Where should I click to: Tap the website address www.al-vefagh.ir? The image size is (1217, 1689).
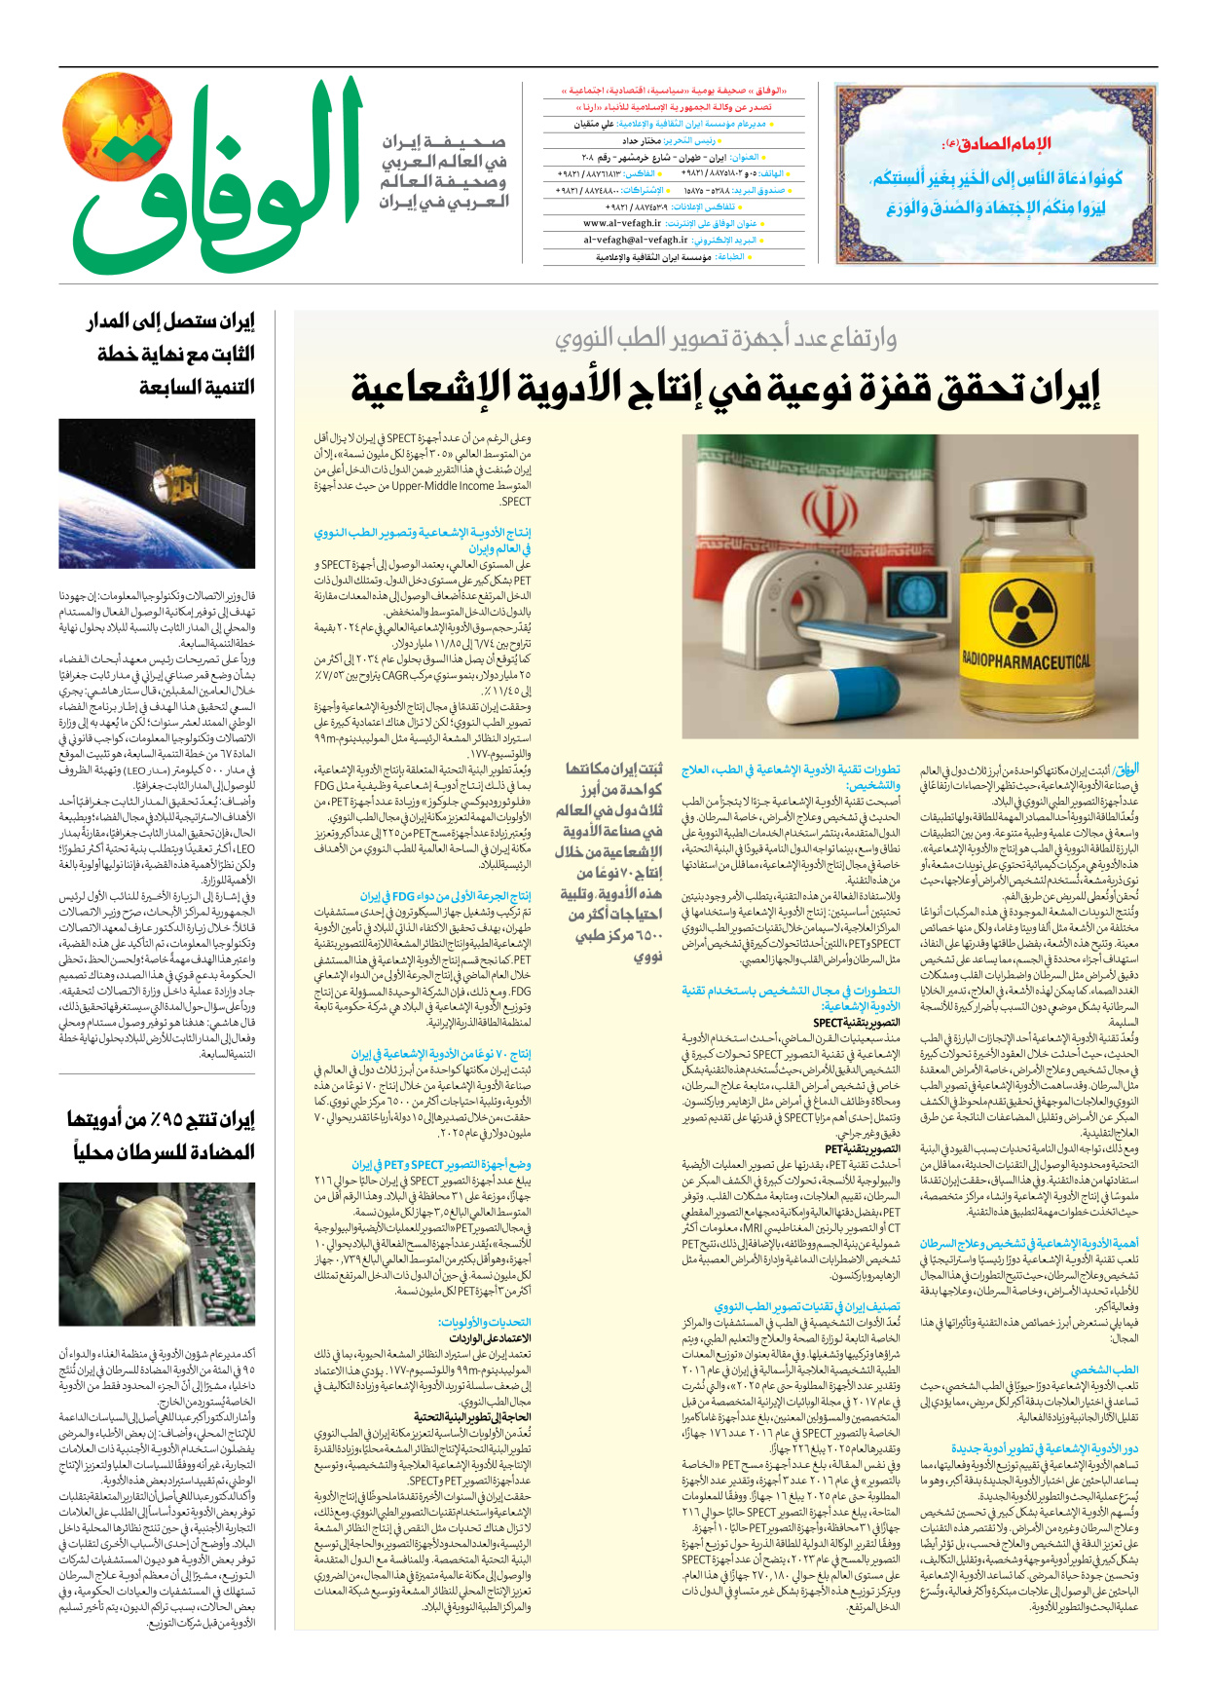coord(636,223)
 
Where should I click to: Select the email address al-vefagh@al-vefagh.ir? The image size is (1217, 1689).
coord(636,240)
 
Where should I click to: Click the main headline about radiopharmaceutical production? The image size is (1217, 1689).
coord(725,388)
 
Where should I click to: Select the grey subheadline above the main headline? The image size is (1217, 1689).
coord(725,338)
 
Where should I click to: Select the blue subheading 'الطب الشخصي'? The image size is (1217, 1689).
coord(1104,1370)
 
